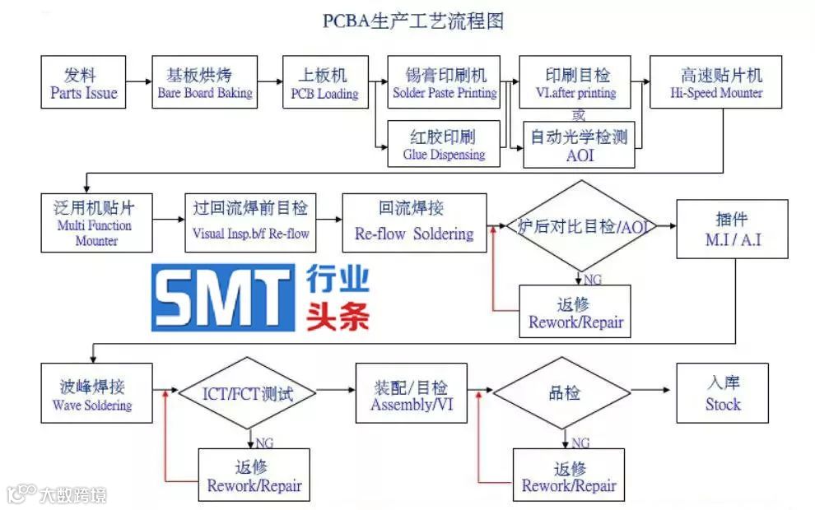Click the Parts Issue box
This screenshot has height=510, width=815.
[83, 82]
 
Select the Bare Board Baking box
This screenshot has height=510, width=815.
[205, 82]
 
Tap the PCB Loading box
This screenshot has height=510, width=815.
[324, 82]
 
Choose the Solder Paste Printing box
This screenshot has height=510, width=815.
[445, 82]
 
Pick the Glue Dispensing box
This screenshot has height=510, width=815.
[444, 144]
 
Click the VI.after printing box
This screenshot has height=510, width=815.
[575, 82]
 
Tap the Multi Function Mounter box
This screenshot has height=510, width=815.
[96, 223]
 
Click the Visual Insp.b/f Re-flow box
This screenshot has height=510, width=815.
[250, 223]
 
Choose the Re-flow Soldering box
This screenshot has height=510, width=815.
[414, 223]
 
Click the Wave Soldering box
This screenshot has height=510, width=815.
[96, 393]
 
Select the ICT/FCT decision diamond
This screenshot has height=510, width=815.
[248, 393]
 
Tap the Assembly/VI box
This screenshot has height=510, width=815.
[410, 393]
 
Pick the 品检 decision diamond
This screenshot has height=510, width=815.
[565, 393]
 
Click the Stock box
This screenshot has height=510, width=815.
[722, 393]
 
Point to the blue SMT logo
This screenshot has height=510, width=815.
[223, 297]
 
